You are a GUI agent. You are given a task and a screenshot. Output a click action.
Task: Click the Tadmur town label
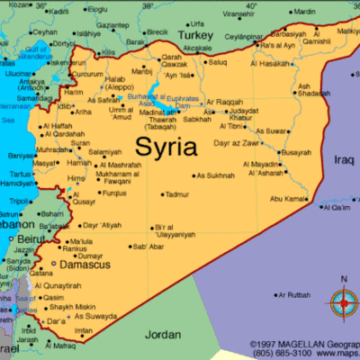click(176, 194)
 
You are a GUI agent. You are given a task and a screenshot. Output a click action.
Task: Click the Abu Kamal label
click(289, 198)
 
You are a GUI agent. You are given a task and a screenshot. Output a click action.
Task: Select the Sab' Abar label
click(148, 246)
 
